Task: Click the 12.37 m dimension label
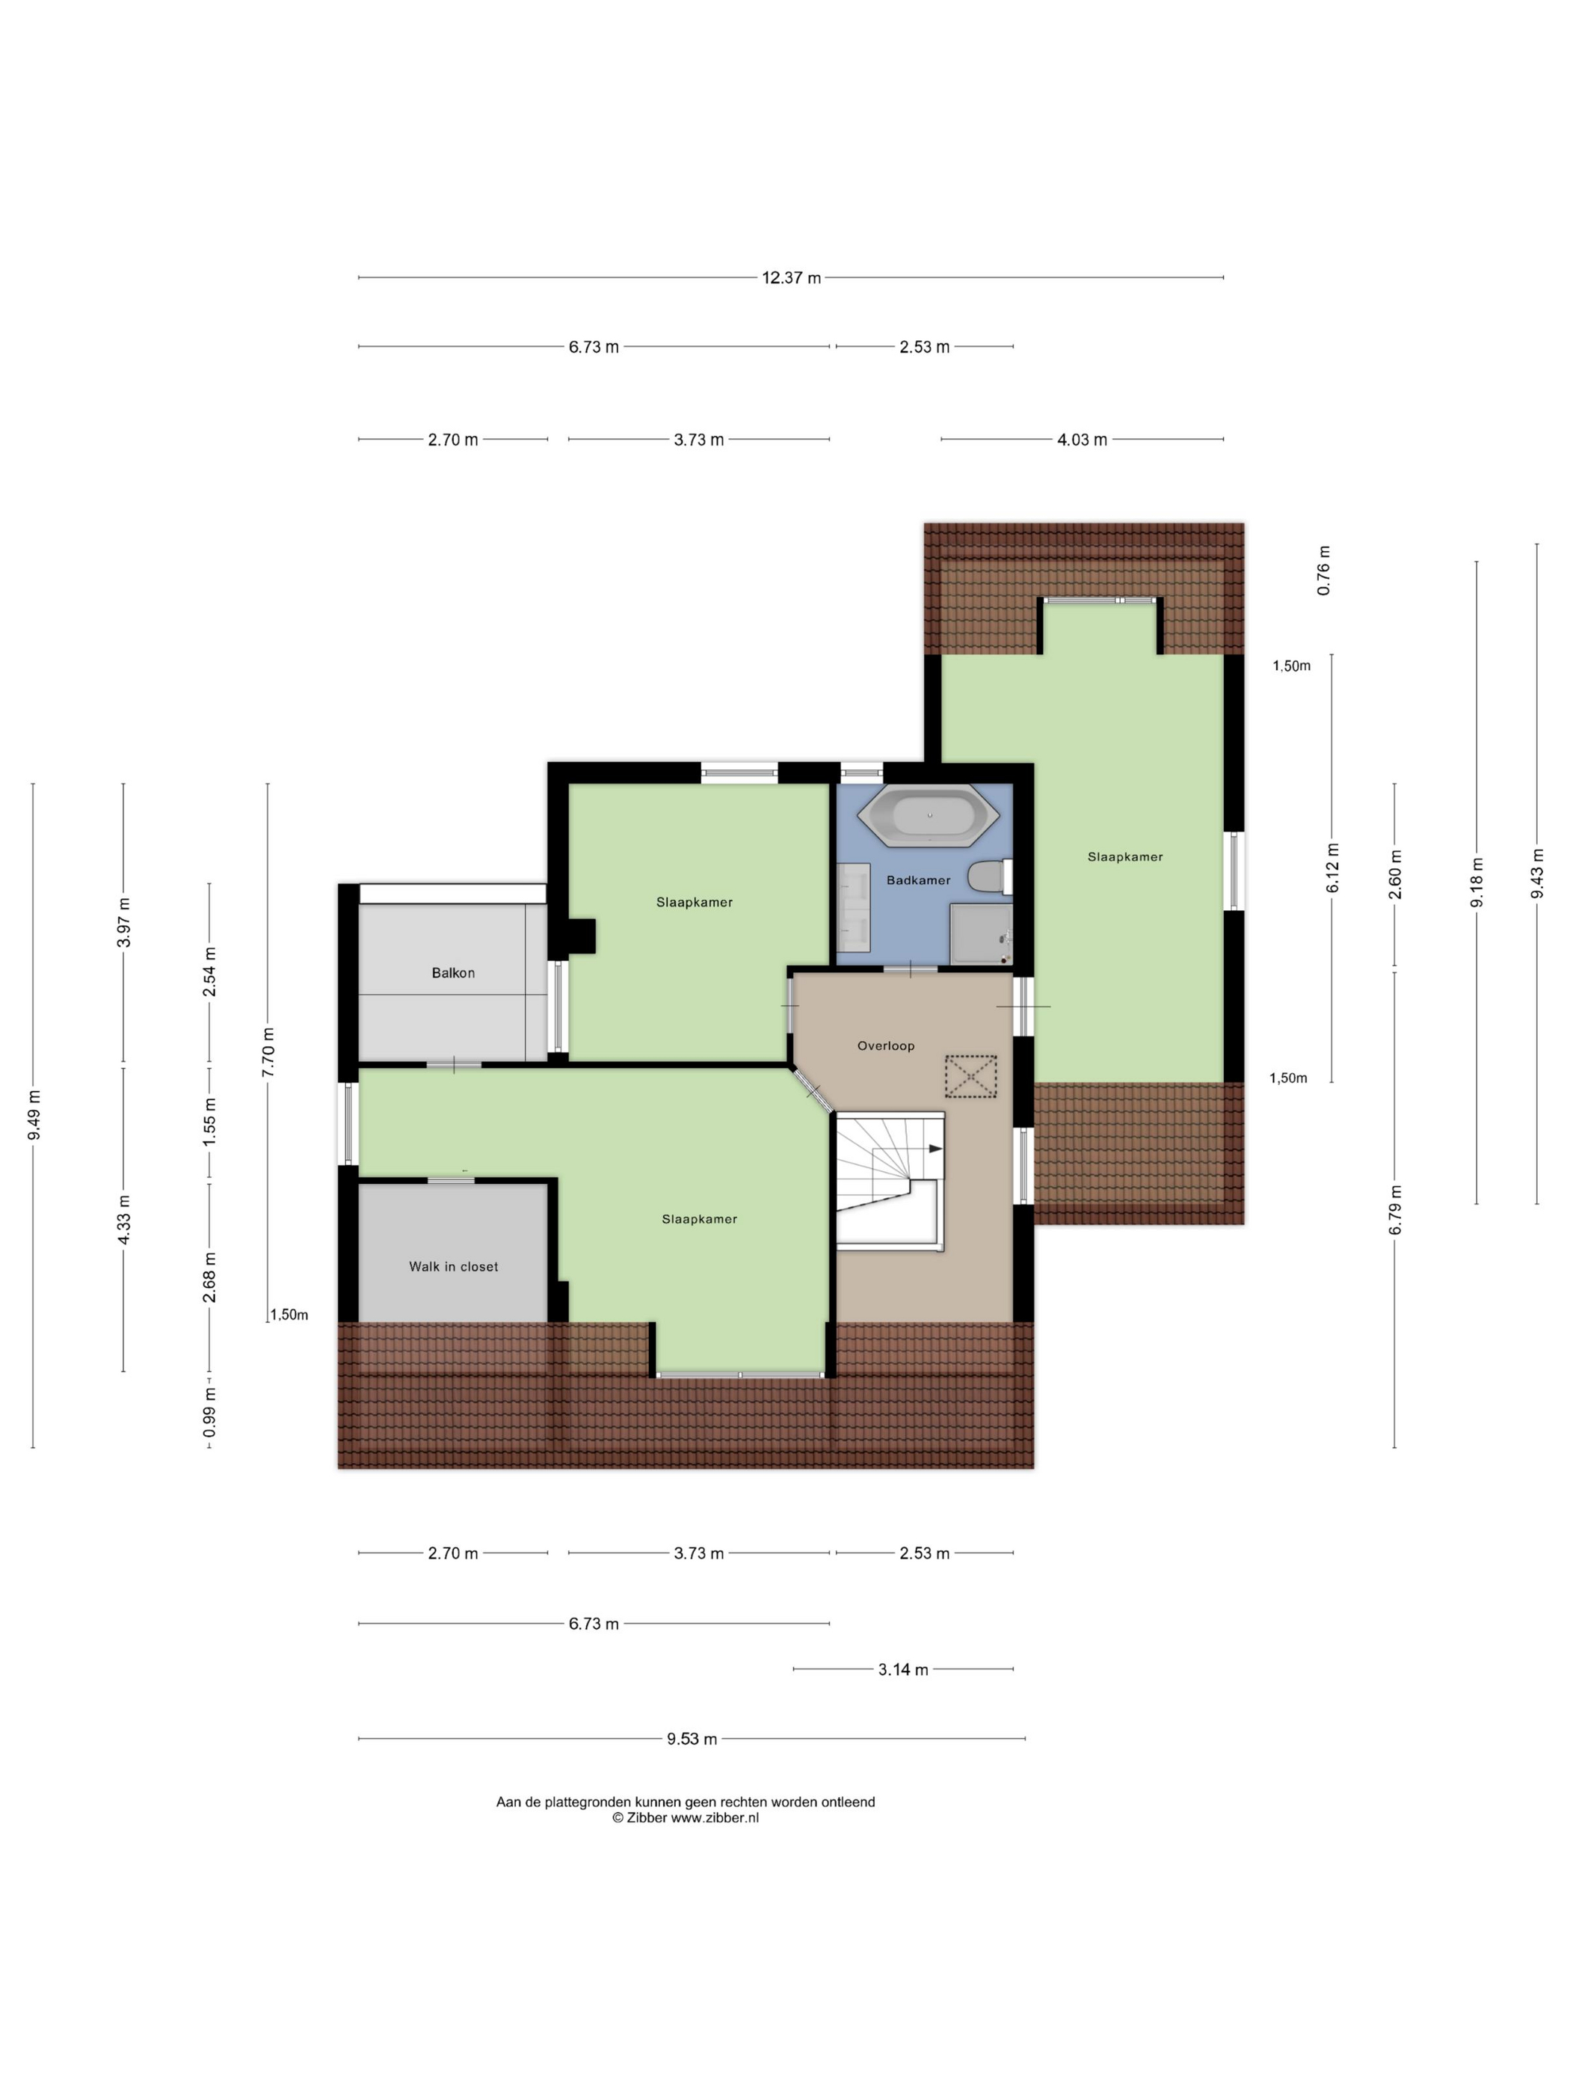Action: pos(791,277)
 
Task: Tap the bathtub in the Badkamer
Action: pos(929,814)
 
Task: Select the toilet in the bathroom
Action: pos(990,876)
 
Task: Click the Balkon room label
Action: pos(453,972)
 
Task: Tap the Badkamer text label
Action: pos(918,879)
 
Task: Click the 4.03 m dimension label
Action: pos(1082,439)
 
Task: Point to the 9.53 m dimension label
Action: pos(692,1738)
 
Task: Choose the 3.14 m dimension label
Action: pos(903,1669)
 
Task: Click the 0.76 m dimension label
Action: pos(1324,570)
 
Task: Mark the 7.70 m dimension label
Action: pos(268,1051)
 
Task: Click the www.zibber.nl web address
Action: pos(715,1817)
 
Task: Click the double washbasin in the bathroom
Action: pos(854,906)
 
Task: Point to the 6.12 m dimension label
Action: pos(1332,867)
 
